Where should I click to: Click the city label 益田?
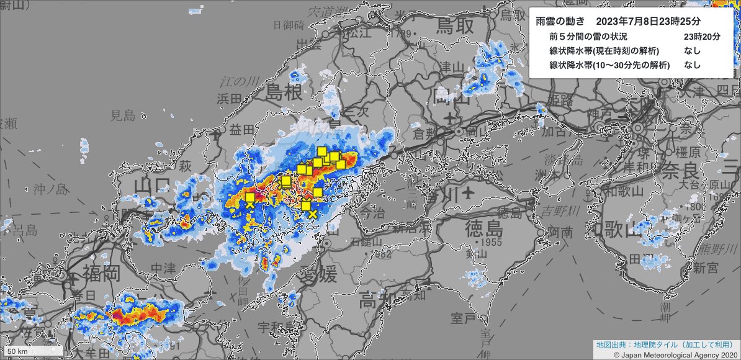tap(241, 130)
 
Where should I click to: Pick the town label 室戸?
tap(463, 319)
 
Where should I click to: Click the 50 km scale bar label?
tap(18, 352)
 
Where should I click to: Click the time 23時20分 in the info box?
tap(702, 37)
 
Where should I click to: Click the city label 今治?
tap(370, 213)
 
